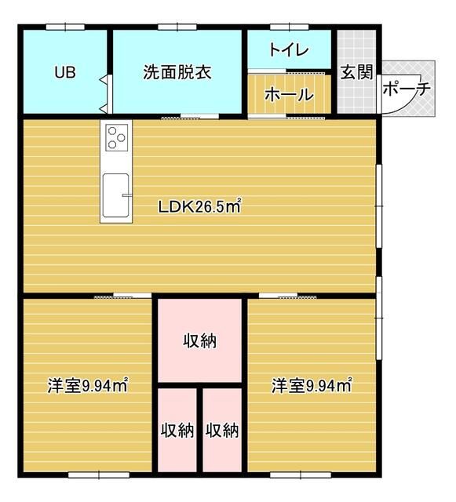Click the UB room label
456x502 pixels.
pyautogui.click(x=65, y=72)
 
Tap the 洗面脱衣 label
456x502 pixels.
pyautogui.click(x=177, y=72)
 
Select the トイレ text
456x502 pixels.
pyautogui.click(x=289, y=50)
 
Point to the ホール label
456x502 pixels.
pyautogui.click(x=289, y=94)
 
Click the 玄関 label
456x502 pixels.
pyautogui.click(x=356, y=72)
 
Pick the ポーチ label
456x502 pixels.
pyautogui.click(x=407, y=89)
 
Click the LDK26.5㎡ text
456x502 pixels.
pyautogui.click(x=199, y=206)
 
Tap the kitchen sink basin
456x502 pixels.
pyautogui.click(x=115, y=195)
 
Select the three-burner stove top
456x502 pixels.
pyautogui.click(x=116, y=137)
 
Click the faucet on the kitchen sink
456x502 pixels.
pyautogui.click(x=127, y=195)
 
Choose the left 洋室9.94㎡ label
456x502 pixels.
pyautogui.click(x=88, y=385)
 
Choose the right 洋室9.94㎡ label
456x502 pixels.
pyautogui.click(x=312, y=385)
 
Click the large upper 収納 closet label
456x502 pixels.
pyautogui.click(x=199, y=340)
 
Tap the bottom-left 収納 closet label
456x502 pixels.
pyautogui.click(x=177, y=431)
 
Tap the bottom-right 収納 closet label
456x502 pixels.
pyautogui.click(x=222, y=431)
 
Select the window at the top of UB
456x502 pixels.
pyautogui.click(x=65, y=27)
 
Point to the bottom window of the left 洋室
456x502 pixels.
pyautogui.click(x=99, y=475)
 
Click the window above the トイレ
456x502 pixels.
pyautogui.click(x=289, y=27)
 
